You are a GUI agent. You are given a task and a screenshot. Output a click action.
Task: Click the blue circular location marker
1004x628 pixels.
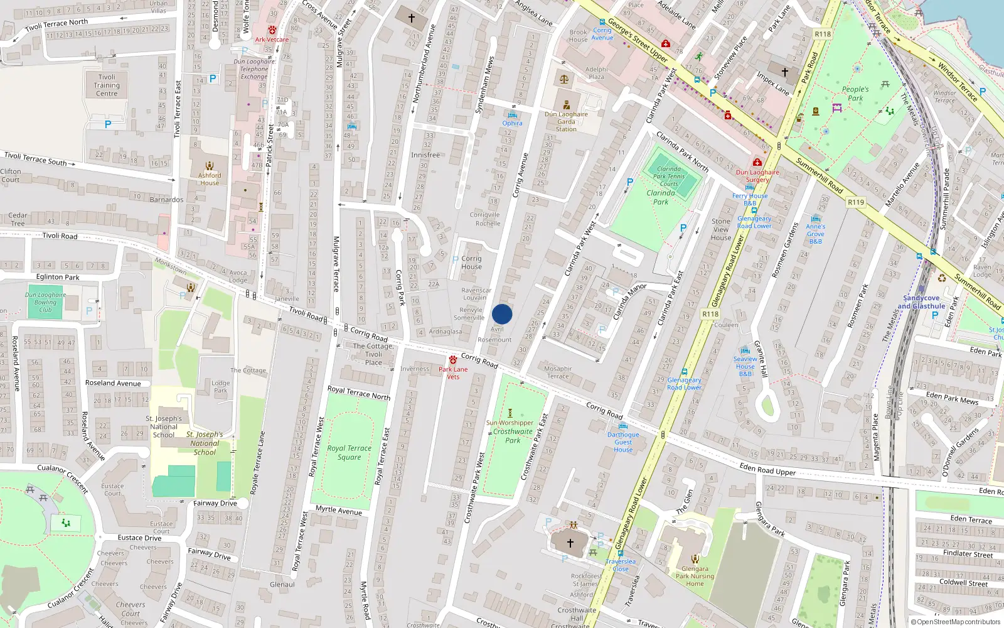coord(502,314)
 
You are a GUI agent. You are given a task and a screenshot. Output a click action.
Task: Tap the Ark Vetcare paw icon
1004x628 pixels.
coord(272,30)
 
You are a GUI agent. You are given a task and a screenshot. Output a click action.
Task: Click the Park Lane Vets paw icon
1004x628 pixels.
coord(453,360)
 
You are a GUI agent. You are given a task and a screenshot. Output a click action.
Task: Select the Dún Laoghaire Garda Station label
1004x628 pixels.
coord(566,122)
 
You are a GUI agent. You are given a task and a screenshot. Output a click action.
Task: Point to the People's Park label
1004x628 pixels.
coord(855,94)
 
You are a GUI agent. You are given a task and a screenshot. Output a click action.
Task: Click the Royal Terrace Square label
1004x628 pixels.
coord(349,452)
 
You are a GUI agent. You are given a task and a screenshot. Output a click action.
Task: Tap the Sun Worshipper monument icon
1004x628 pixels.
coord(510,413)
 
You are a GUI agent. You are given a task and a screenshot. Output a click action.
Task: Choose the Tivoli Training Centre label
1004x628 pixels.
coord(107,85)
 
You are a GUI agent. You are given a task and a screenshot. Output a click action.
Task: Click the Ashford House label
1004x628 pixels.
coord(210,179)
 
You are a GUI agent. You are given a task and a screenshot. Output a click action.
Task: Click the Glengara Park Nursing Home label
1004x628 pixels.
coord(695,576)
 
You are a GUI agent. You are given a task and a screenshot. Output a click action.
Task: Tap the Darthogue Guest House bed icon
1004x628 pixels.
coord(623,426)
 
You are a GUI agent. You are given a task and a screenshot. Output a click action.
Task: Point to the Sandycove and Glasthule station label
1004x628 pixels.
coord(921,302)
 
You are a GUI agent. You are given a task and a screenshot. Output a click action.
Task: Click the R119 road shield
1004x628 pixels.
coord(855,202)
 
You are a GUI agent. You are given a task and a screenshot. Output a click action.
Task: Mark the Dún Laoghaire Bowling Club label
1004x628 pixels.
coord(45,302)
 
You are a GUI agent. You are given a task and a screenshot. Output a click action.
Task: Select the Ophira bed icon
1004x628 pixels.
coord(512,114)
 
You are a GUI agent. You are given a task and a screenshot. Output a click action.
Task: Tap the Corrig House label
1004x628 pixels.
coord(471,263)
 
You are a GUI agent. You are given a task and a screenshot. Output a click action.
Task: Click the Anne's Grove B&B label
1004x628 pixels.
coord(815,234)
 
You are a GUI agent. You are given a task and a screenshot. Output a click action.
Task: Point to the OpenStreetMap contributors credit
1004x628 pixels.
coord(955,622)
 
